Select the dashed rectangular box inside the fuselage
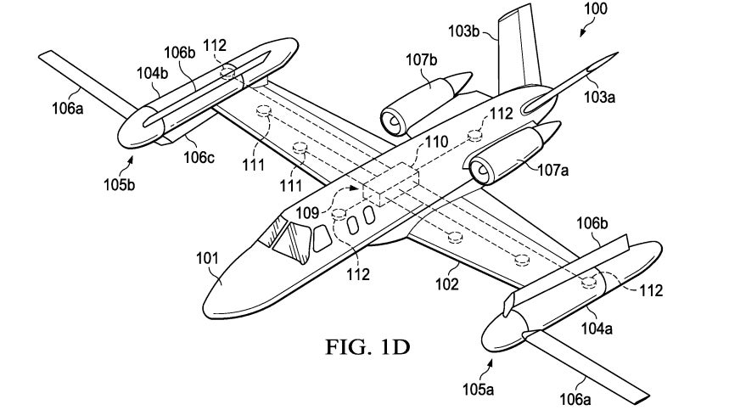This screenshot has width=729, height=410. [390, 184]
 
